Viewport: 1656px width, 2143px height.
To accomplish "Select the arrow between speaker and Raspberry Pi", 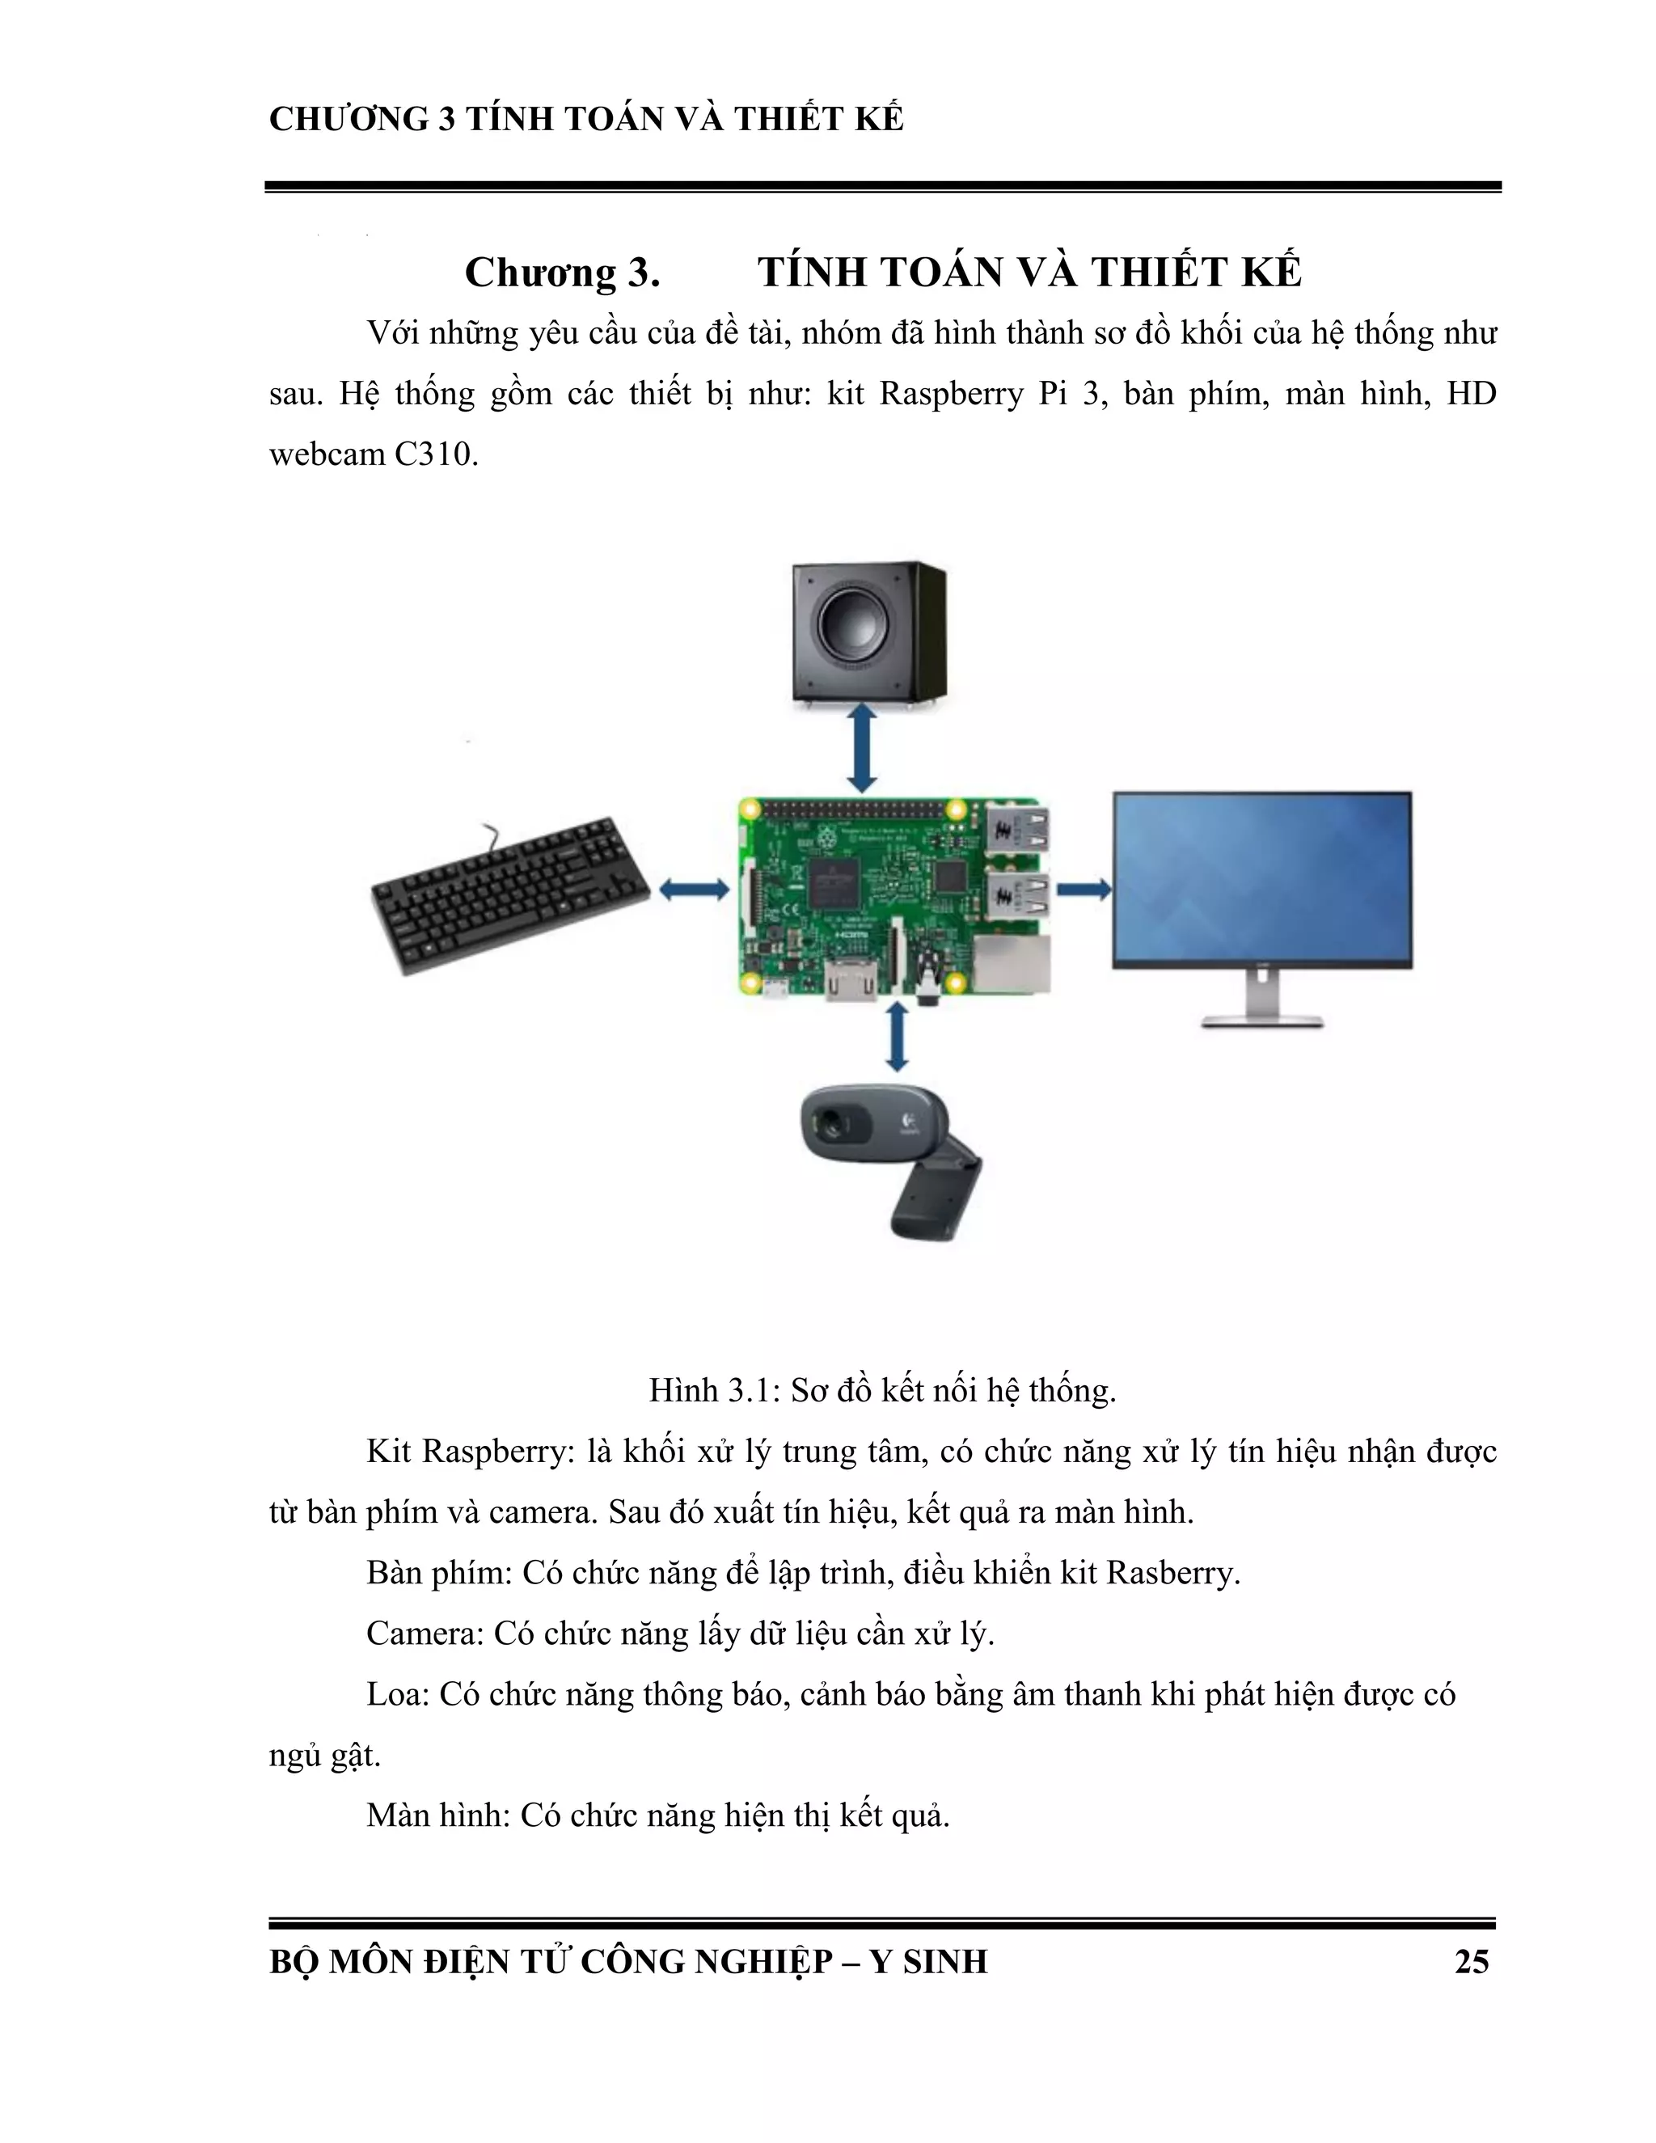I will [x=861, y=748].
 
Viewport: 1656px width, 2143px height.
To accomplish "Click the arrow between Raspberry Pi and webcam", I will [x=896, y=1036].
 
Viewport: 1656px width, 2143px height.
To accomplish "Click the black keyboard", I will [x=510, y=895].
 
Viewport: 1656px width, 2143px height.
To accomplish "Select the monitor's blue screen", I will [x=1261, y=879].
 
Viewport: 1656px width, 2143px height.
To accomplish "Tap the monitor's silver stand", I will [x=1262, y=1001].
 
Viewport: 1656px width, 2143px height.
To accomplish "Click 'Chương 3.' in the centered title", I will [x=561, y=272].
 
